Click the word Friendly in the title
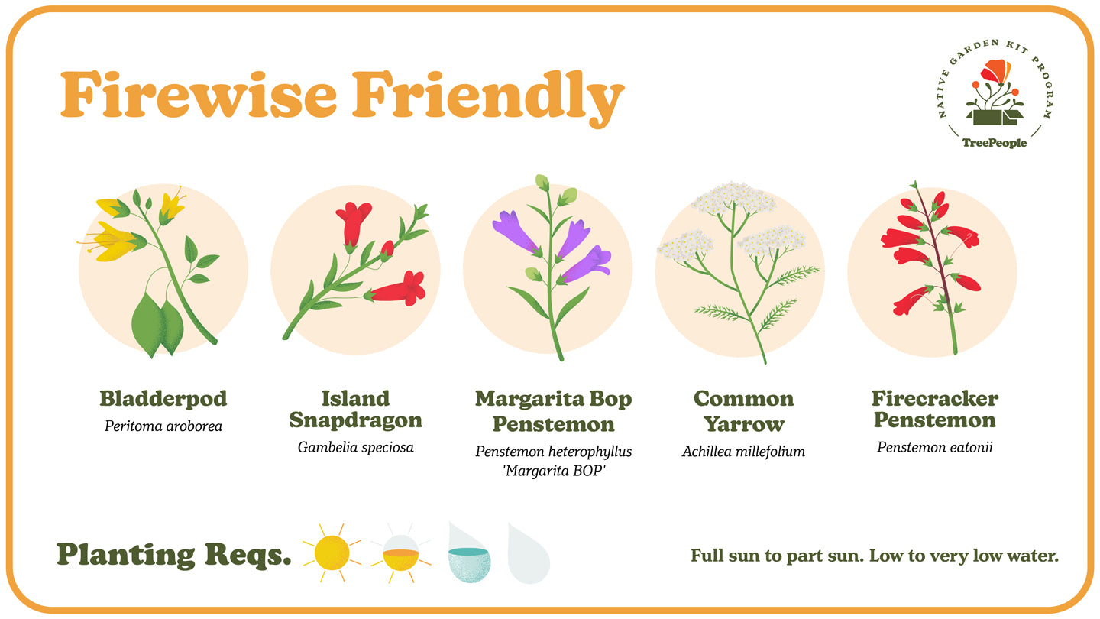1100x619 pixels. (x=488, y=95)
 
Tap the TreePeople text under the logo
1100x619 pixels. (x=994, y=143)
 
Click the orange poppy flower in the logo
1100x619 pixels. (x=995, y=71)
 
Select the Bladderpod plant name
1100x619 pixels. (x=163, y=399)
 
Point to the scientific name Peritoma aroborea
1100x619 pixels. (x=163, y=426)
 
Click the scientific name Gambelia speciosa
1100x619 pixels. (x=355, y=447)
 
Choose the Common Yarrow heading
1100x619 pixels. (x=743, y=411)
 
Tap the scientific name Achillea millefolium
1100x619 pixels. (x=743, y=452)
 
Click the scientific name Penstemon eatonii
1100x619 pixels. (x=935, y=446)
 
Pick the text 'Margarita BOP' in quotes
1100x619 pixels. (x=553, y=470)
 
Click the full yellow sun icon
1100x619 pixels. (x=331, y=551)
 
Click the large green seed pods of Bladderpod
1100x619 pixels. (x=159, y=326)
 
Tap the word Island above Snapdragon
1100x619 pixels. (x=355, y=399)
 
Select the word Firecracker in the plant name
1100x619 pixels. (x=935, y=399)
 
